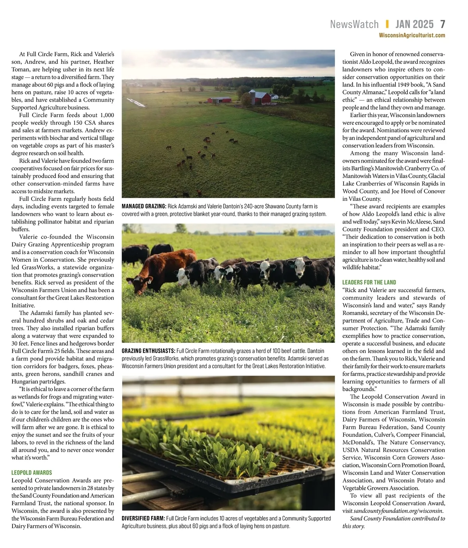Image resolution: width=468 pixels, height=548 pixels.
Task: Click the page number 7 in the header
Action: coord(442,24)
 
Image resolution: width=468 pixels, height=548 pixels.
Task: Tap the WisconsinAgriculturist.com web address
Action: coord(412,35)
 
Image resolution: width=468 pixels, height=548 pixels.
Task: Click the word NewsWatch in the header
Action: coord(354,24)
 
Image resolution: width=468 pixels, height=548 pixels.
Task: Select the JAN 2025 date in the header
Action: coord(414,24)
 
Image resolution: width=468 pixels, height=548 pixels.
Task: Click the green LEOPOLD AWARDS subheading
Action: coord(32,472)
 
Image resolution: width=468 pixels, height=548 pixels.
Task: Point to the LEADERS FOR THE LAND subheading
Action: coord(369,282)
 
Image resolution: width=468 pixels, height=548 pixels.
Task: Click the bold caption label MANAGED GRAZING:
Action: coord(144,206)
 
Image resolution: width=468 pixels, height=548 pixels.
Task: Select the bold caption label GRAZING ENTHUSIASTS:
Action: coord(148,351)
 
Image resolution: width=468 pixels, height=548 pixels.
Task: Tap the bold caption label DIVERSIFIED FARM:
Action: coord(143,518)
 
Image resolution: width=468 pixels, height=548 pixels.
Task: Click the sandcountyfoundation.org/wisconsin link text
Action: coord(399,511)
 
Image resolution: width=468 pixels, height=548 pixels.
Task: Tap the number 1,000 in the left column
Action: coord(107,115)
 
